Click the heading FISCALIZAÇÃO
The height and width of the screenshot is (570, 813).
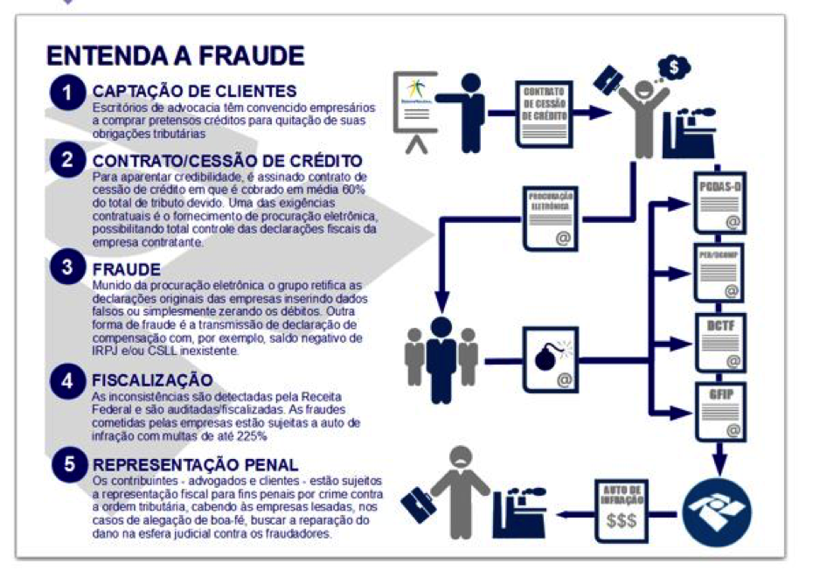click(152, 380)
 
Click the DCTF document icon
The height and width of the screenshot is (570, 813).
click(720, 344)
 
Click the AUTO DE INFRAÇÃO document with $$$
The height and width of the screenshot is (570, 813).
click(622, 508)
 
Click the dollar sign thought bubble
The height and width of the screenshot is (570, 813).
click(673, 65)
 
